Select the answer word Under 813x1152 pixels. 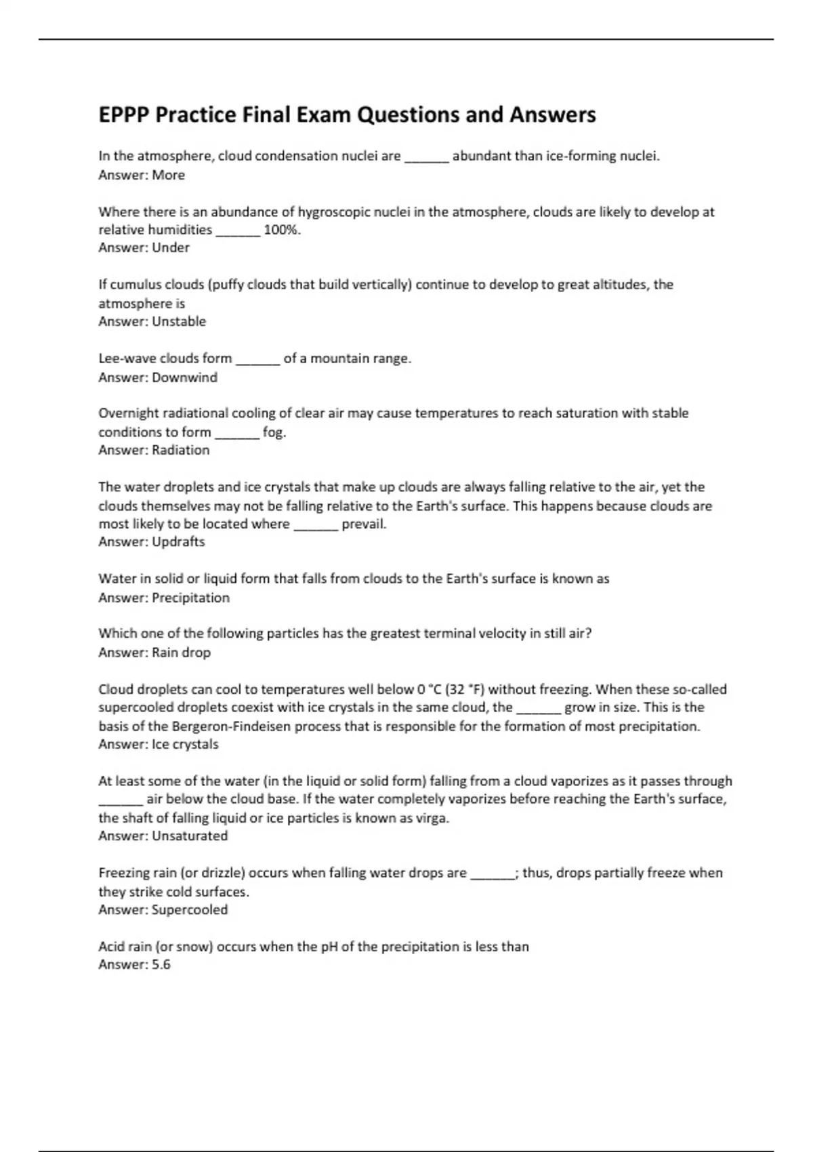point(171,247)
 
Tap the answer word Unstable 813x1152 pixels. point(179,321)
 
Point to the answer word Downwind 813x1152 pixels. point(184,377)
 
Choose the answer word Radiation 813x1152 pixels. point(181,450)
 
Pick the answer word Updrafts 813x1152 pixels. point(178,541)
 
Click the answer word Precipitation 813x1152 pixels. point(190,598)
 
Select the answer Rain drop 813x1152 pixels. point(181,653)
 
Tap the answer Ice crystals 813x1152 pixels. point(185,744)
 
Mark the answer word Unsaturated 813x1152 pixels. point(190,836)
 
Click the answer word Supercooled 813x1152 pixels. point(190,909)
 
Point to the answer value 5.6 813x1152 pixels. point(161,964)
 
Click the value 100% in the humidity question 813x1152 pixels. point(281,230)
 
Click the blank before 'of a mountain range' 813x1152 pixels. point(257,360)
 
